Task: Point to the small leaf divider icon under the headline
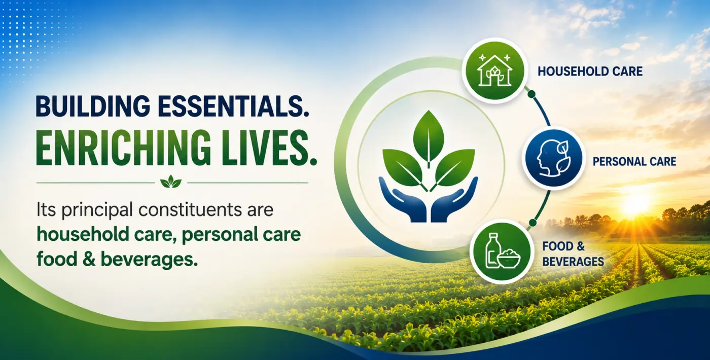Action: click(171, 182)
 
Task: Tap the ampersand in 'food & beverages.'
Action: click(89, 259)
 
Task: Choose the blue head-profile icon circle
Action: click(553, 158)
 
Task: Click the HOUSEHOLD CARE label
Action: click(590, 71)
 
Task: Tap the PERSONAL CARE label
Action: click(634, 162)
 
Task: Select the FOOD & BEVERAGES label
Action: click(573, 254)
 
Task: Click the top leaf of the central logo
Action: click(429, 138)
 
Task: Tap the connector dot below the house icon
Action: click(531, 93)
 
